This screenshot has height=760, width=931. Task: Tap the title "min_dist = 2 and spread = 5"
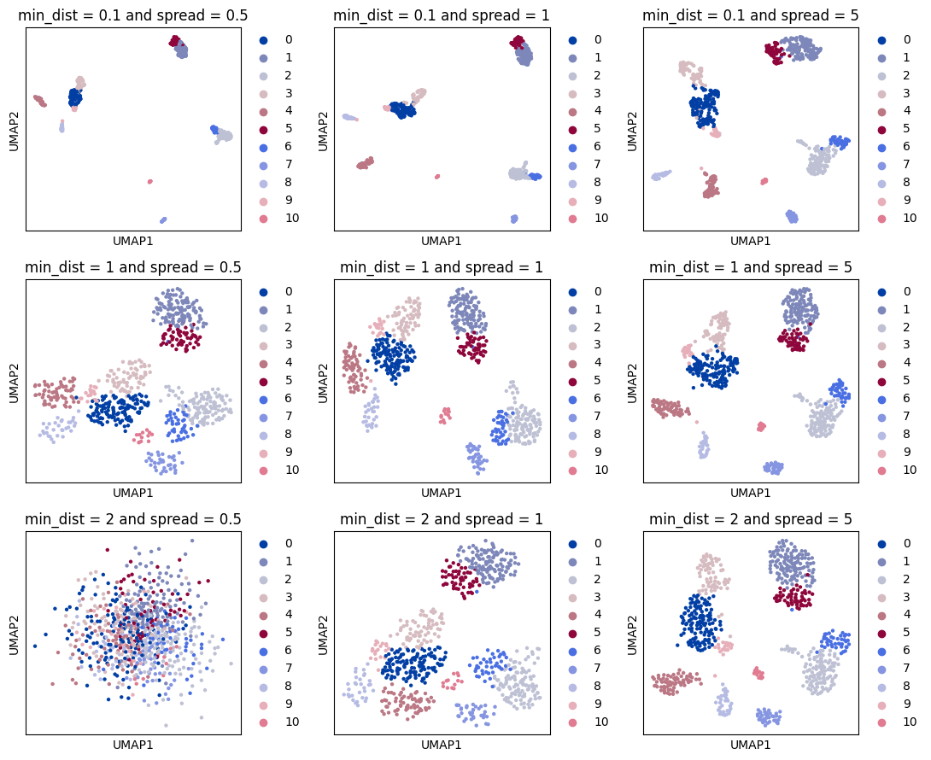coord(750,518)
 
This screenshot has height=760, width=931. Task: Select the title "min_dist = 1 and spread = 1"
coord(441,266)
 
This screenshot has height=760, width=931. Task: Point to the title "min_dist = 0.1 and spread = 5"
coord(750,15)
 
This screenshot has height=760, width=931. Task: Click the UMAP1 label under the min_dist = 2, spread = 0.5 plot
coord(132,745)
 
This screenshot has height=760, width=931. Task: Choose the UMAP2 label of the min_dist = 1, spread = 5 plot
coord(633,381)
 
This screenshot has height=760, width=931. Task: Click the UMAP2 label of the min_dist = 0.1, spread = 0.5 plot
coord(15,130)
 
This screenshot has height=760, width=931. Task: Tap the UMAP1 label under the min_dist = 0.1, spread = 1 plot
coord(441,241)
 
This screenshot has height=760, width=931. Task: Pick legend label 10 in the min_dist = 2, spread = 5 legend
coord(909,722)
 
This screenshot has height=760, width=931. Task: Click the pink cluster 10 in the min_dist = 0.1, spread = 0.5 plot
coord(150,181)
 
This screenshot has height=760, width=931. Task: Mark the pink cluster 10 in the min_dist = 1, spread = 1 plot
coord(445,416)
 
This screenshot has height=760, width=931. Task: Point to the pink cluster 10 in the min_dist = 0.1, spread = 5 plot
coord(764,181)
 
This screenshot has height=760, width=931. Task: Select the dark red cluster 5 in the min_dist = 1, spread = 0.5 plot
coord(180,337)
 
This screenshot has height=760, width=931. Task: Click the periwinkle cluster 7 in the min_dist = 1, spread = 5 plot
coord(774,467)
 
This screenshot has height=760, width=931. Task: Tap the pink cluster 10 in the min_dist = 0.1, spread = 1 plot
coord(437,177)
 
